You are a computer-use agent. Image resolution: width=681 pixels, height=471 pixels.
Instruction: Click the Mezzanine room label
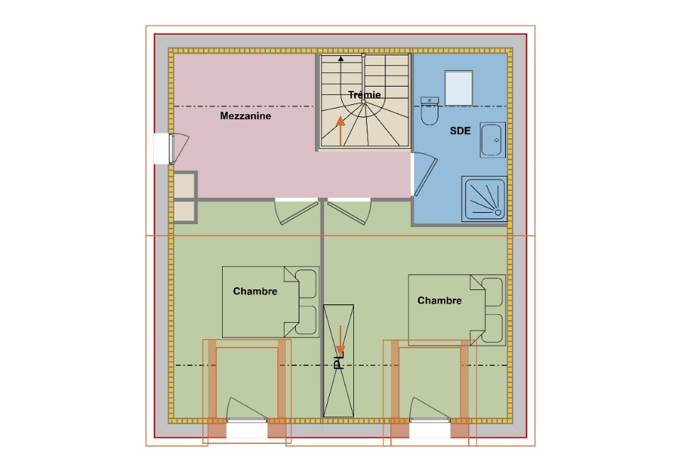coord(245,116)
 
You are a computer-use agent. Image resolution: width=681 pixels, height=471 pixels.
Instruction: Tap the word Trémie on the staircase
coord(365,94)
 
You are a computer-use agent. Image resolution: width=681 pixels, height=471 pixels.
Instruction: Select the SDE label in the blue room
coord(460,131)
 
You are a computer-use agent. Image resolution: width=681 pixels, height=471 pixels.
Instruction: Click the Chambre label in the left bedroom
coord(255,292)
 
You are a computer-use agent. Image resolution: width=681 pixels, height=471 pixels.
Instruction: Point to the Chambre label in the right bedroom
coord(439,300)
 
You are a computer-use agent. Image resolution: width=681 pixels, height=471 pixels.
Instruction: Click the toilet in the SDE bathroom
coord(430,111)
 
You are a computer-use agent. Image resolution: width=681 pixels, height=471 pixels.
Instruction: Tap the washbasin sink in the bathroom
coord(492,140)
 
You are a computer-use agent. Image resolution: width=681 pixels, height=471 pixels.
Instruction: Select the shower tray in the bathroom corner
coord(485,199)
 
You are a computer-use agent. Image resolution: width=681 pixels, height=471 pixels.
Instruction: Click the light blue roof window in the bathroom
coord(459,88)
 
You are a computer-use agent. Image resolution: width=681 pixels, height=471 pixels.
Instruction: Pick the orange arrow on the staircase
coord(340,131)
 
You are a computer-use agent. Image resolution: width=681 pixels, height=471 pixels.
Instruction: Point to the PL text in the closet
coord(338,362)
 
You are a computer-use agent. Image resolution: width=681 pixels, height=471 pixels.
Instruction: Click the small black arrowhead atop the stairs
coord(341,59)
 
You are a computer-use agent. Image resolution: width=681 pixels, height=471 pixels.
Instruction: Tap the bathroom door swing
coord(424,174)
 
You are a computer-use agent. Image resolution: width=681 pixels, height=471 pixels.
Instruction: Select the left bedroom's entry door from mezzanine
coord(297,212)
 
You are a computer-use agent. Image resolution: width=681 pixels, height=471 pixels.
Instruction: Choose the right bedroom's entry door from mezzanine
coord(350,212)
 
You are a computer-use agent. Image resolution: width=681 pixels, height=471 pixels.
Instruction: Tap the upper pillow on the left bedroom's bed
coord(306,284)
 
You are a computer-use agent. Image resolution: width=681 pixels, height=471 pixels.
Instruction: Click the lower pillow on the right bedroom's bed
coord(492,328)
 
